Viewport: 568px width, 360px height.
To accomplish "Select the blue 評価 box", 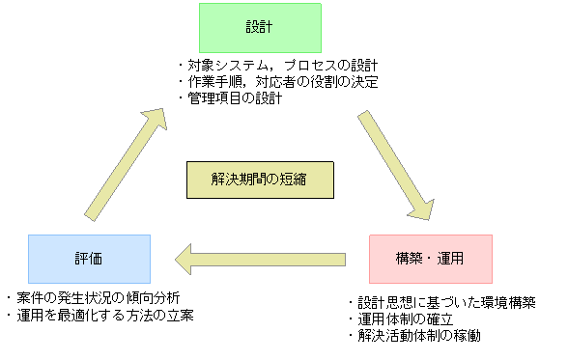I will tap(89, 259).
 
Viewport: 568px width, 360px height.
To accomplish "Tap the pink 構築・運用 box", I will tap(431, 259).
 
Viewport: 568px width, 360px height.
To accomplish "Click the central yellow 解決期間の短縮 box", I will tap(260, 180).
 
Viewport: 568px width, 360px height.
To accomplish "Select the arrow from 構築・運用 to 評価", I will tap(261, 259).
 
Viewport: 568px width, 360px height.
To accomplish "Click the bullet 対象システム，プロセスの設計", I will tap(280, 67).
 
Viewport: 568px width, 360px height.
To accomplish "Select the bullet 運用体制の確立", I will tap(405, 319).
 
